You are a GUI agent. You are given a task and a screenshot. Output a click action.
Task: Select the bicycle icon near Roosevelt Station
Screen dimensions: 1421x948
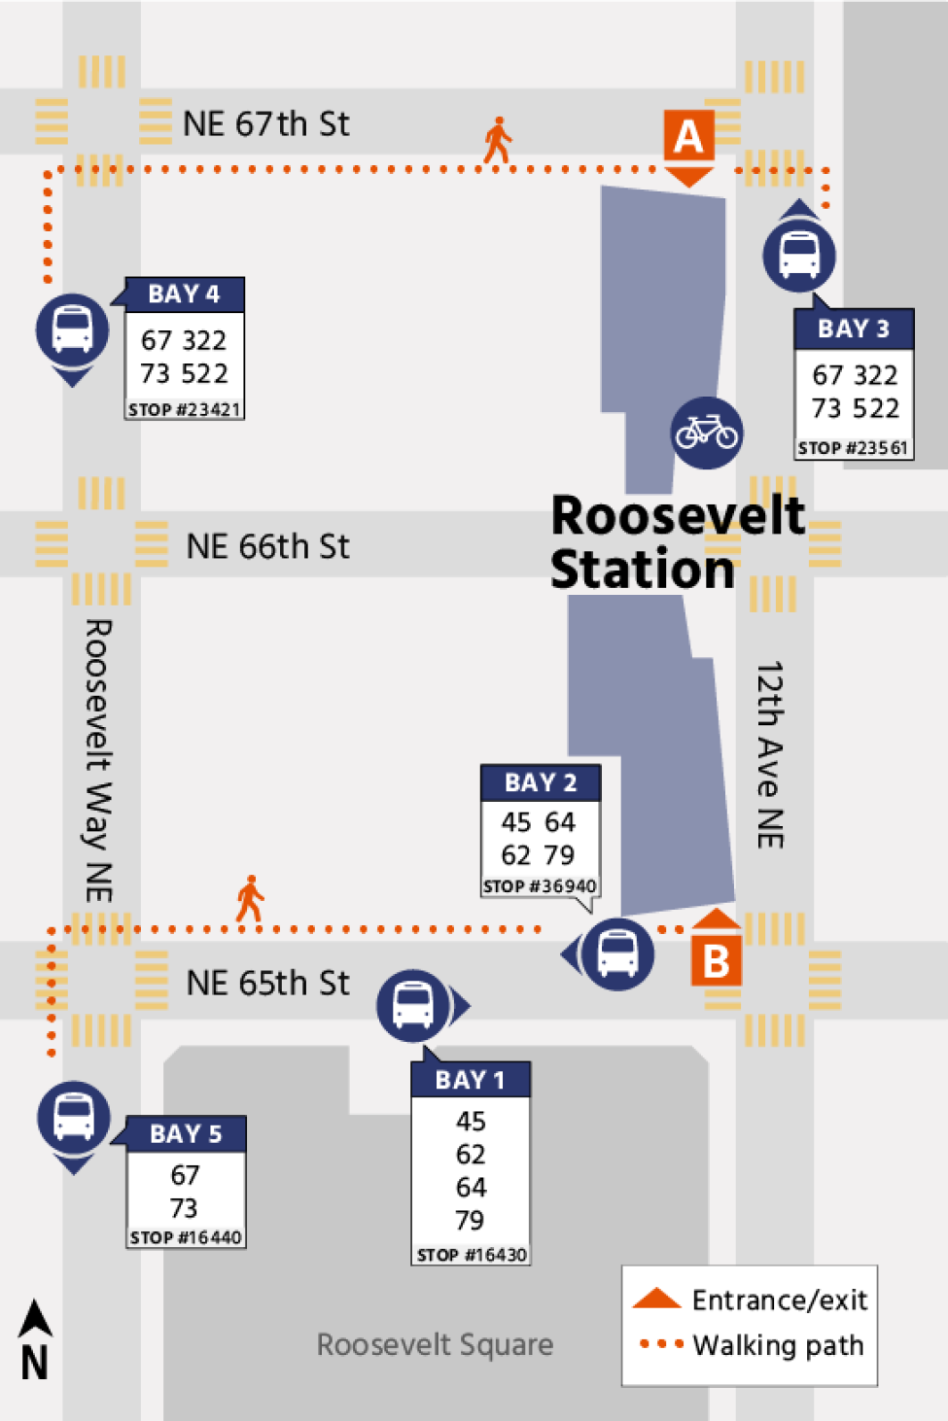[707, 433]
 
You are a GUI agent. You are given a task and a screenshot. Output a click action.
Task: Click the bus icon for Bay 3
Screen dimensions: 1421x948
[799, 255]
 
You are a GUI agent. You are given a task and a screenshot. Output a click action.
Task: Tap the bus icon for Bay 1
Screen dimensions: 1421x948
[413, 1005]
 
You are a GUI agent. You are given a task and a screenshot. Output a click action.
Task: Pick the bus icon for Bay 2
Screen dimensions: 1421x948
[617, 953]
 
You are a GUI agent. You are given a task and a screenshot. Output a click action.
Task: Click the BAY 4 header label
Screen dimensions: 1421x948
[184, 295]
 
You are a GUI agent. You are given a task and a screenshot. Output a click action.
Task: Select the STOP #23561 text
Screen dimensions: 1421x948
[853, 448]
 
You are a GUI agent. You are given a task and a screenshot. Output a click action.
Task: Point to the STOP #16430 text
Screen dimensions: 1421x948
[472, 1255]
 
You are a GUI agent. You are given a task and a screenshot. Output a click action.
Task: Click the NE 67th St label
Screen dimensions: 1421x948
[265, 124]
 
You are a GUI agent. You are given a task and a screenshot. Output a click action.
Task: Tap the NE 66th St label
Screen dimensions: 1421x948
[267, 546]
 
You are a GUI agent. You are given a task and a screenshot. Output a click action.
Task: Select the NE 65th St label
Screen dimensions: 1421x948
[267, 983]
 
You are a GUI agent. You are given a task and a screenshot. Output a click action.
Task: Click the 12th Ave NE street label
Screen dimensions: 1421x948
[770, 755]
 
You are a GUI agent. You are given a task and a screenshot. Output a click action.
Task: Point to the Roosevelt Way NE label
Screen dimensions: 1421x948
[98, 760]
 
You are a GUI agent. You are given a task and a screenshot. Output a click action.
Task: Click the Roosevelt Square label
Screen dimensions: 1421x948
[435, 1344]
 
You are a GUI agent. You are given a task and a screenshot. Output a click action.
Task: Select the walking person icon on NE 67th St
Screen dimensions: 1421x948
[498, 140]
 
